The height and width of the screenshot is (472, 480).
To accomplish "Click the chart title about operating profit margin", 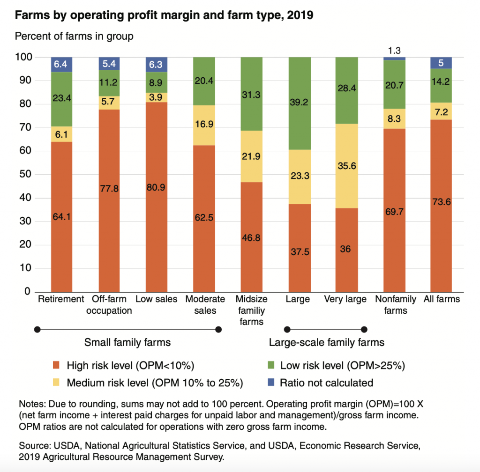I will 164,15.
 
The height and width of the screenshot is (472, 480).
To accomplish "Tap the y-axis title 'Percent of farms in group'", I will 74,36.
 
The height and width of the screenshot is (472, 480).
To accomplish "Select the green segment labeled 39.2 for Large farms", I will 299,103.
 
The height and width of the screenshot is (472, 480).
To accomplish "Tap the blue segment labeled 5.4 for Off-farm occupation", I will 109,63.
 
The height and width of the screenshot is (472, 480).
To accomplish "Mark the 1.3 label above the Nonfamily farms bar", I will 394,50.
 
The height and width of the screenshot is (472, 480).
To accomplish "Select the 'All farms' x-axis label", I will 441,299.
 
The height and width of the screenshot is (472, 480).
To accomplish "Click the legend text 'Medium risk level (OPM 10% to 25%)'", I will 155,383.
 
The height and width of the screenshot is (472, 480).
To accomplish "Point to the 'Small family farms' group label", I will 127,342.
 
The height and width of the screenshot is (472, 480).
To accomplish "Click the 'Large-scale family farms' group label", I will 326,342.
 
